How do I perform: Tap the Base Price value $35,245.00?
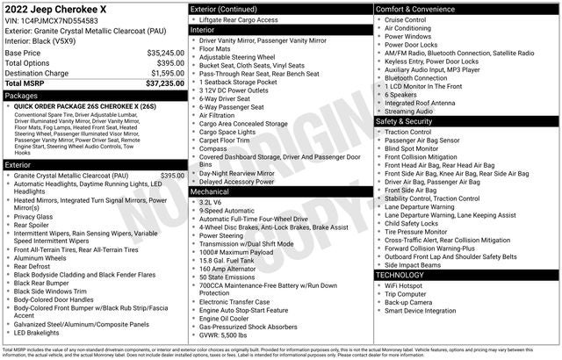tap(160, 53)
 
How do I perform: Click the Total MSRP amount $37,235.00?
tap(160, 83)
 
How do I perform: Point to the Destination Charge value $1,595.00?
tap(162, 73)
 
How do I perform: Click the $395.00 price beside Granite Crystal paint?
tap(172, 176)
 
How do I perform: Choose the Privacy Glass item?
tap(33, 216)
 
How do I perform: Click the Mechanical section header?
tap(210, 191)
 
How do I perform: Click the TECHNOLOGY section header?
tap(400, 275)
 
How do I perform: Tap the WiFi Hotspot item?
tap(404, 285)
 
